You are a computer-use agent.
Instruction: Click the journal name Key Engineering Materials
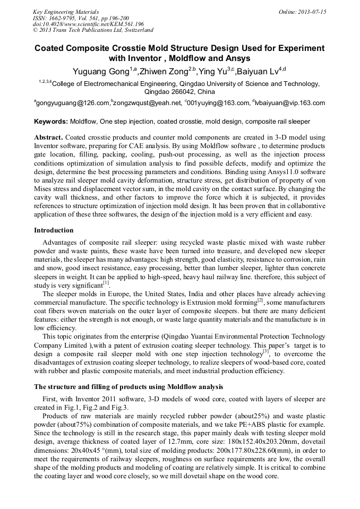coord(65,11)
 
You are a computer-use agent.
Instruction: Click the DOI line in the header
coord(88,24)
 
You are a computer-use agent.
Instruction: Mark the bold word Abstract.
coord(49,137)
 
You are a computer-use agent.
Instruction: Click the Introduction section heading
coord(54,230)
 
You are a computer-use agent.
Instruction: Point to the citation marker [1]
coord(106,283)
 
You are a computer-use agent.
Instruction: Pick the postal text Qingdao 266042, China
coord(179,91)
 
